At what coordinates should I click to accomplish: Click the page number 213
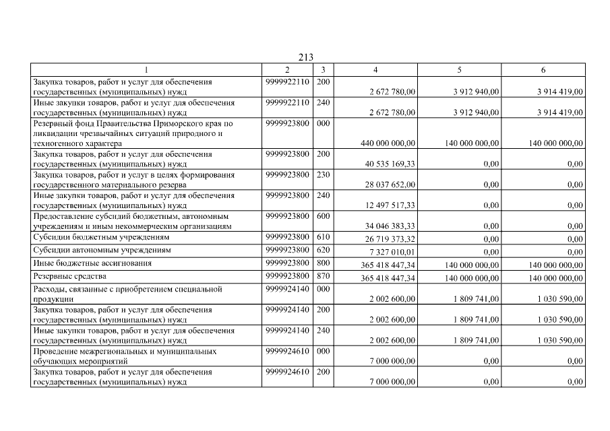point(305,58)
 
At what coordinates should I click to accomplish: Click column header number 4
point(375,69)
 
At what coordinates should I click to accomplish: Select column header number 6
point(543,69)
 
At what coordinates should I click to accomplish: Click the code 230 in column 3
point(323,175)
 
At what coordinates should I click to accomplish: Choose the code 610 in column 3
point(323,237)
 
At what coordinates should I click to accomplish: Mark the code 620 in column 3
point(323,250)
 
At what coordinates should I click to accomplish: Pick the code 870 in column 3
point(323,276)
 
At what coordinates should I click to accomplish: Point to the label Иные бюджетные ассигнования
point(92,263)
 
